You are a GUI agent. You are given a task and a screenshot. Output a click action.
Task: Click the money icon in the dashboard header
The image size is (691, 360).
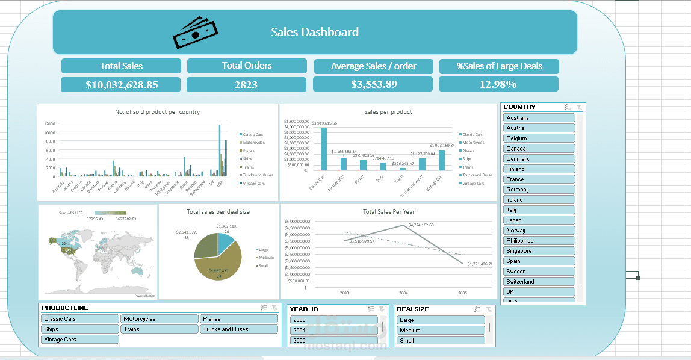[194, 33]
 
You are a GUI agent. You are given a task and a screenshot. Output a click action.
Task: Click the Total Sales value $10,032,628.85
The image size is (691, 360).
[121, 85]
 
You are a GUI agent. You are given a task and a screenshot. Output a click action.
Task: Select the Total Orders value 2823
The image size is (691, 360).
[246, 85]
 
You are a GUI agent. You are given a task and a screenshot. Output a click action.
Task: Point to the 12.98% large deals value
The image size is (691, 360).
[498, 84]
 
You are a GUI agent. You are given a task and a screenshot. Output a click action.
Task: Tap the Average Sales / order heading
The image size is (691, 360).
[373, 66]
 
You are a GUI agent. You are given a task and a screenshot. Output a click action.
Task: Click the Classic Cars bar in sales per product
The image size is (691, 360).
[324, 149]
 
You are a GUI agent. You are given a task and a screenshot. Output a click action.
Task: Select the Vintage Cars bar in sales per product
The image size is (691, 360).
[442, 160]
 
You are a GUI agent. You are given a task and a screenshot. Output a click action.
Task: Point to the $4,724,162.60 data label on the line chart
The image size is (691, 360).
[421, 225]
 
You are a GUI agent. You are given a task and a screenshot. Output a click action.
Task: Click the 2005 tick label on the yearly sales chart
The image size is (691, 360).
[462, 293]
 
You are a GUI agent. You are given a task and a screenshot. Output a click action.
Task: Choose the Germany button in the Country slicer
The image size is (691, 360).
[539, 190]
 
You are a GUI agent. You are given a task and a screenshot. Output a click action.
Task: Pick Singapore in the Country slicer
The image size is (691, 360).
[539, 251]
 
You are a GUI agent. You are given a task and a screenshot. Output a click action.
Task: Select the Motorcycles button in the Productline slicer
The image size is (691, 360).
[160, 319]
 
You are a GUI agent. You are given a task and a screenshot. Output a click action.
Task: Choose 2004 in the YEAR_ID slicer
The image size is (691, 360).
[333, 331]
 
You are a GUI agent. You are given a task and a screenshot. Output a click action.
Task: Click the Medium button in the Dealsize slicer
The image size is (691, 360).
[441, 331]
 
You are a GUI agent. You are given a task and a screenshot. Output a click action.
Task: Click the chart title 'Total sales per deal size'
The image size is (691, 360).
[218, 212]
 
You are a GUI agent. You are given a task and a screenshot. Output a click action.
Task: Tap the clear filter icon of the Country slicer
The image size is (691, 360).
[578, 107]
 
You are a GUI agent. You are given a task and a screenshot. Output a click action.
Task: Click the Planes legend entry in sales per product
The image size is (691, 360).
[472, 151]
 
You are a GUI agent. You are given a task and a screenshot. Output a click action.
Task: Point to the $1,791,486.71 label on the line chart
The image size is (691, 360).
[480, 264]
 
